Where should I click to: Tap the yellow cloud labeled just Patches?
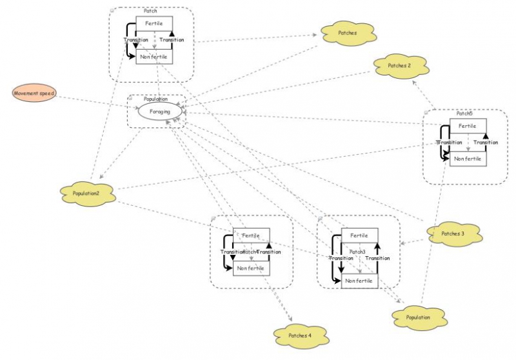point(347,33)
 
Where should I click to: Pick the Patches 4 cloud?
point(299,335)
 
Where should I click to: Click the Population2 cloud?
point(85,192)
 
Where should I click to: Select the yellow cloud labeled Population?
point(419,318)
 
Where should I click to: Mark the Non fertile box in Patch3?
point(359,281)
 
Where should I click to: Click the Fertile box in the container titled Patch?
point(154,23)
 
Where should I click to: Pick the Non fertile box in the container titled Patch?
point(154,57)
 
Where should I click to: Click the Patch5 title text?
point(464,114)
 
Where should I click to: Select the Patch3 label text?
point(357,252)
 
